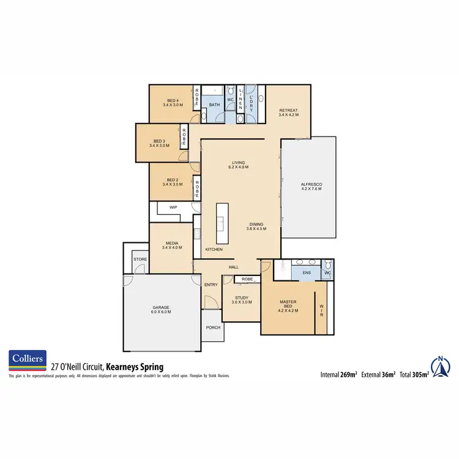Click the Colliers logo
pos(28,361)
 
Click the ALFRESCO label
pos(311,186)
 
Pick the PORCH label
pos(213,327)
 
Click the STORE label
pos(140,259)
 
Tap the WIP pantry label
pos(173,207)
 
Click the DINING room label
pos(256,225)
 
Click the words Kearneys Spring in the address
pos(135,367)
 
